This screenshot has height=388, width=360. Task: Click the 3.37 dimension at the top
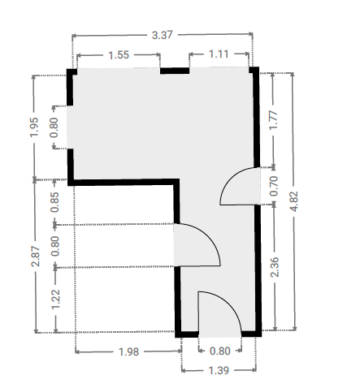click(x=162, y=35)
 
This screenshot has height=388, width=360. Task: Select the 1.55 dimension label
click(x=119, y=55)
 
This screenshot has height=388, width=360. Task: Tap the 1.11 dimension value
click(x=219, y=54)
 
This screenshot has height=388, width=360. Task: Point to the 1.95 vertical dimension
click(x=34, y=127)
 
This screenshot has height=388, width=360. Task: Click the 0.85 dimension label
click(x=54, y=202)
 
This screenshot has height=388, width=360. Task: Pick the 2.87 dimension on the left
click(x=36, y=257)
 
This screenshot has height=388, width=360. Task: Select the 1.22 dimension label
click(x=55, y=300)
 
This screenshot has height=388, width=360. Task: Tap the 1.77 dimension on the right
click(x=273, y=120)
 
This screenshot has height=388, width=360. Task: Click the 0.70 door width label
click(x=274, y=186)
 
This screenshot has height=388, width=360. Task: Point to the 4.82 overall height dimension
click(x=294, y=201)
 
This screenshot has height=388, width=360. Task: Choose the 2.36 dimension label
click(x=275, y=267)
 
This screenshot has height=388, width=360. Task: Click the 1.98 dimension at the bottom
click(x=128, y=351)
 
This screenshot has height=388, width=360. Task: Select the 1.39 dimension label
click(x=219, y=370)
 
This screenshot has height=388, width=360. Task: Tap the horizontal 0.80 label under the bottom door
click(x=220, y=351)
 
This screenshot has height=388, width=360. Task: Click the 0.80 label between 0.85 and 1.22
click(x=55, y=246)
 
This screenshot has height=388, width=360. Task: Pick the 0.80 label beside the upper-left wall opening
click(x=54, y=127)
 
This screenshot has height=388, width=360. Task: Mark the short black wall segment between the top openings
click(x=175, y=71)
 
